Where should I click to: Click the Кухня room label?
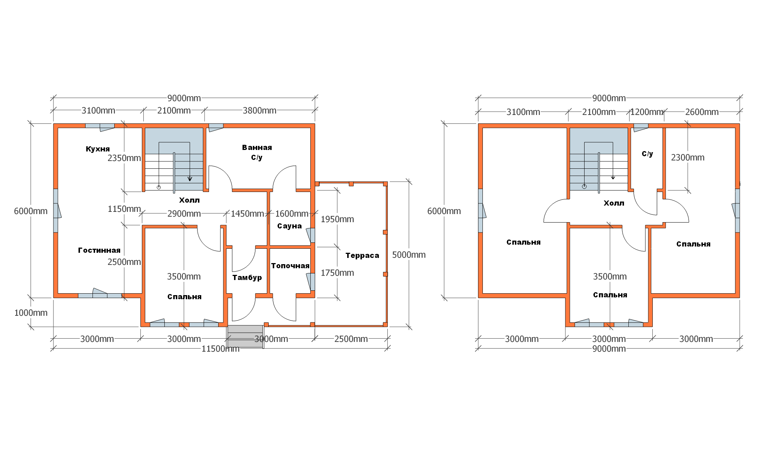[98, 149]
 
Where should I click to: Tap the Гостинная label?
[99, 250]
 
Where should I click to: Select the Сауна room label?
[289, 226]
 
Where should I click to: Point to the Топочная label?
[290, 266]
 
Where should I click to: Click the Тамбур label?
[247, 277]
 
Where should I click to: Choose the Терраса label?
[362, 255]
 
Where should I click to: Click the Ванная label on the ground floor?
[257, 147]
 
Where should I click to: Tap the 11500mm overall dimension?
[220, 349]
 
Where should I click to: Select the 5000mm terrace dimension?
[409, 255]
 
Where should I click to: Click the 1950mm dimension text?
[337, 219]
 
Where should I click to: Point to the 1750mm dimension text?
[337, 273]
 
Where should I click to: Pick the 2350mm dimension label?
[124, 158]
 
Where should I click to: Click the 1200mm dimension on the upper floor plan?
[646, 112]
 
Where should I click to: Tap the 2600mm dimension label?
[702, 112]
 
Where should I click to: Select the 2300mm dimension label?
[688, 157]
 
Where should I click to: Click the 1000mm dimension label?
[31, 313]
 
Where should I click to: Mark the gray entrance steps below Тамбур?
[245, 336]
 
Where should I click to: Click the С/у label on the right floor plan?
[647, 154]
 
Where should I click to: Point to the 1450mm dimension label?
[247, 214]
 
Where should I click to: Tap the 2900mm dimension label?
[184, 214]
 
